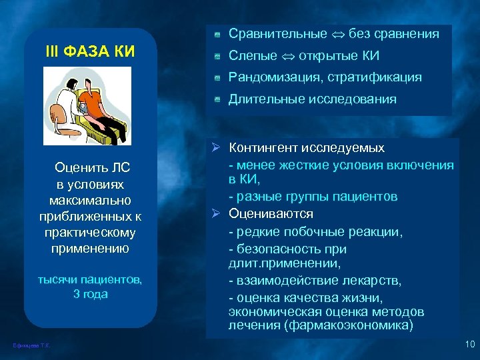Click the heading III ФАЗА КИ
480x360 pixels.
click(x=90, y=50)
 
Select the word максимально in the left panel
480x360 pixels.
click(x=90, y=201)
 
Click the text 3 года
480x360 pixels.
click(x=90, y=294)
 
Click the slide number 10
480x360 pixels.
click(x=469, y=344)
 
